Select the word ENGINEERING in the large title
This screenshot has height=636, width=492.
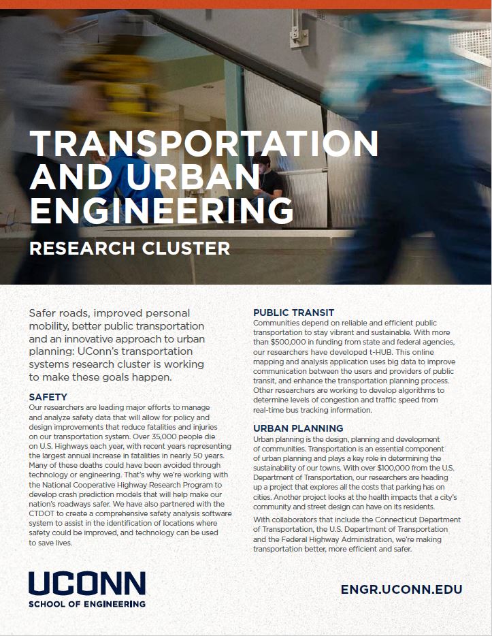[x=161, y=210]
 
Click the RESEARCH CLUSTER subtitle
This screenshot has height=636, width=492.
[x=129, y=248]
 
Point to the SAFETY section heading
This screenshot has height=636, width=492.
[x=48, y=396]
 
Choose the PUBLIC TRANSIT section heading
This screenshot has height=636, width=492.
[x=293, y=313]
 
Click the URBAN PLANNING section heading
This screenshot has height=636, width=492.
[x=298, y=428]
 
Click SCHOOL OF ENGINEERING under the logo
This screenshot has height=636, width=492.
[x=87, y=604]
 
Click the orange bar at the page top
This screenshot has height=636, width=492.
[x=246, y=5]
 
